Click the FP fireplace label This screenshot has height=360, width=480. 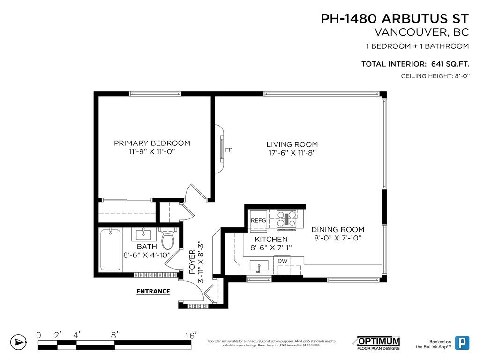coord(229,150)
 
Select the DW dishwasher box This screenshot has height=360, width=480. coord(282,261)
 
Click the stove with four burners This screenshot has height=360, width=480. coord(286,219)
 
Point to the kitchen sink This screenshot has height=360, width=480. coord(258,266)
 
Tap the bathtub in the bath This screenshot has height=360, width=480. coord(110,249)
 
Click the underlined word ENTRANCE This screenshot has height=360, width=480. coord(153,291)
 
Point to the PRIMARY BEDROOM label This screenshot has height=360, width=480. coord(152,143)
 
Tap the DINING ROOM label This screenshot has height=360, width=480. coord(337,230)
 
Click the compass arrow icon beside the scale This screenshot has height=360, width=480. coord(18,342)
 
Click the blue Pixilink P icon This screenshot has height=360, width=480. coord(462,343)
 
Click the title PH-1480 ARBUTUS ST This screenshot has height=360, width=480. coord(394,19)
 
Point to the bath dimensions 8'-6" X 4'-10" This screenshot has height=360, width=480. coord(146,255)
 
